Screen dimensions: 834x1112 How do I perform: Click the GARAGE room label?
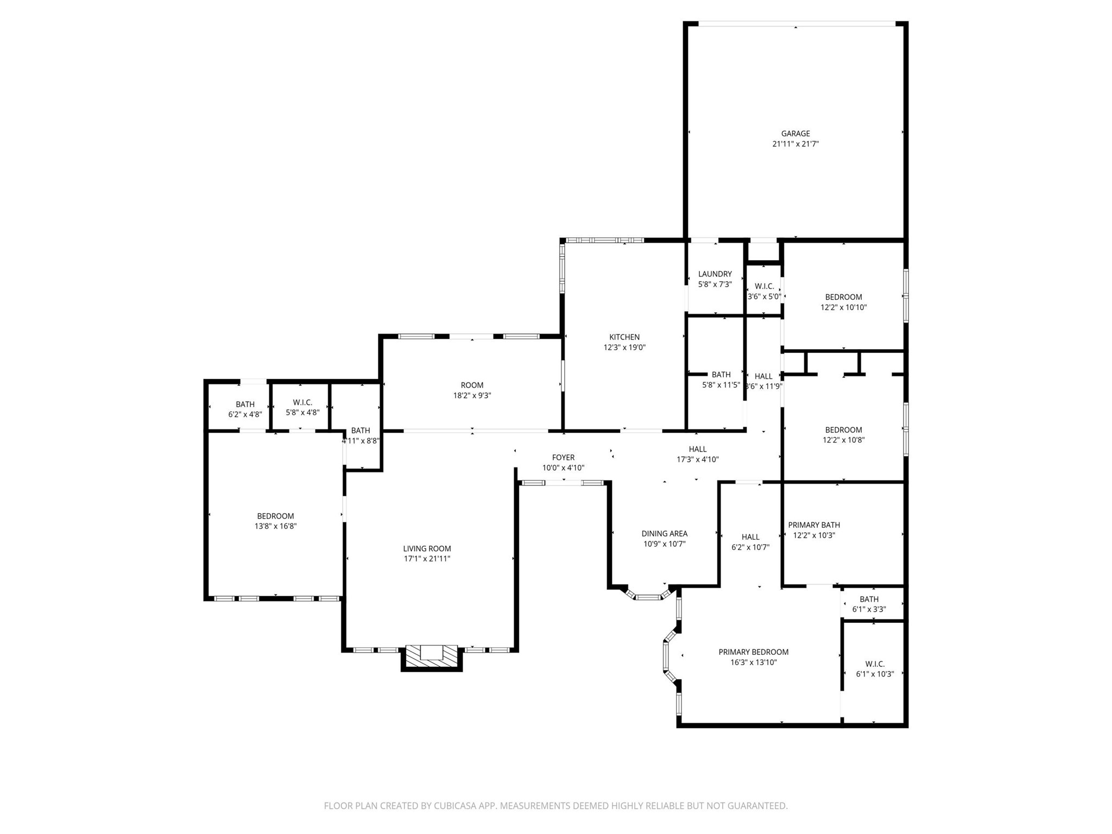tap(795, 134)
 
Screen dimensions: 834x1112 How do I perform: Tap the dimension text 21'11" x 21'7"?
tap(795, 144)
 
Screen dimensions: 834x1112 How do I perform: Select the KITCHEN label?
tap(624, 337)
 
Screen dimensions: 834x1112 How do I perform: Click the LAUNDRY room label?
tap(715, 274)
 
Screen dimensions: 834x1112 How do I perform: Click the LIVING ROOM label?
tap(427, 548)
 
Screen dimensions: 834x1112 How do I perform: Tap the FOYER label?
tap(563, 458)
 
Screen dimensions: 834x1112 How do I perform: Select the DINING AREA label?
tap(664, 534)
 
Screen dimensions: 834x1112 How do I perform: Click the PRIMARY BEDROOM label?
tap(753, 652)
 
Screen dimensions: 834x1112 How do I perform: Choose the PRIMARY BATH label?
tap(813, 525)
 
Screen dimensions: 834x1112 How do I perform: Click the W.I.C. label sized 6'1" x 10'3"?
tap(874, 664)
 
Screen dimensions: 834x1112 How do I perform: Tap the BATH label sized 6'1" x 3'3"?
tap(869, 599)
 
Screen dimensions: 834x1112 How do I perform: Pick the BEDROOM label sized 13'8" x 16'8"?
tap(275, 516)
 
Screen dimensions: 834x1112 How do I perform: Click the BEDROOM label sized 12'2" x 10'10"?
tap(843, 297)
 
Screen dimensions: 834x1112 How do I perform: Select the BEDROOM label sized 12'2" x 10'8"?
tap(843, 430)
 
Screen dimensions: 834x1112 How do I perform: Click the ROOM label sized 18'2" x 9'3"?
tap(472, 386)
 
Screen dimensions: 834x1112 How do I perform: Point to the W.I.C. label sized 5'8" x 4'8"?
tap(302, 402)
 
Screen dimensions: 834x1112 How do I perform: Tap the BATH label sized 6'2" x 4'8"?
tap(245, 405)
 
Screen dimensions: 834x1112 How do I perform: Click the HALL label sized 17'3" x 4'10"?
tap(697, 449)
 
